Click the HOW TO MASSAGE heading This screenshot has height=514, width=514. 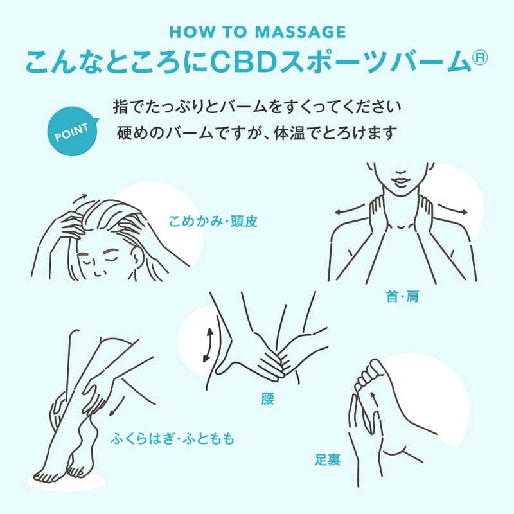pyautogui.click(x=258, y=31)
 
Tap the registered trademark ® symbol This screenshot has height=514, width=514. pyautogui.click(x=479, y=57)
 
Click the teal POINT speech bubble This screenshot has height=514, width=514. pyautogui.click(x=73, y=132)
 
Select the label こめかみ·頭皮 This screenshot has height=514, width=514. pyautogui.click(x=213, y=222)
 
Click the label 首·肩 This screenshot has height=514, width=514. pyautogui.click(x=403, y=297)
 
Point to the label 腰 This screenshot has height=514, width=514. pyautogui.click(x=267, y=399)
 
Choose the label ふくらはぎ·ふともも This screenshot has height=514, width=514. pyautogui.click(x=172, y=439)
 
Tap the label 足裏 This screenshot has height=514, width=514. pyautogui.click(x=328, y=459)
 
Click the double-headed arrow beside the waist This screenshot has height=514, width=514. pyautogui.click(x=208, y=345)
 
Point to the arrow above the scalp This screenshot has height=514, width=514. pyautogui.click(x=80, y=198)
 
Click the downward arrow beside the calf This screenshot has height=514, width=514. pyautogui.click(x=117, y=407)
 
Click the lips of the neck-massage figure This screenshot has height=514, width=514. pyautogui.click(x=401, y=181)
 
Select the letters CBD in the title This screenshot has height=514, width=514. pyautogui.click(x=244, y=61)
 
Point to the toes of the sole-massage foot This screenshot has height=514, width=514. pyautogui.click(x=366, y=375)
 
